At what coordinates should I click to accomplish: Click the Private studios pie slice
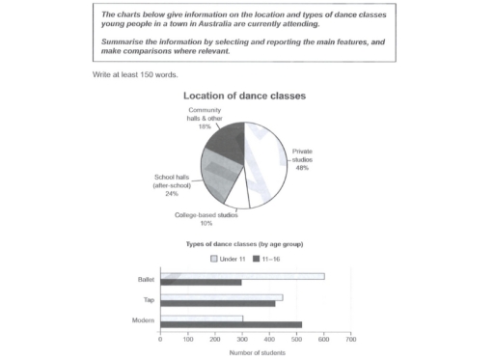tap(264, 159)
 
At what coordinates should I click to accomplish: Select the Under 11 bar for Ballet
tap(242, 276)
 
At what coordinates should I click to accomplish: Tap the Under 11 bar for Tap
tap(221, 297)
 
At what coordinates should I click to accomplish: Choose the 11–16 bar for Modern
tap(231, 324)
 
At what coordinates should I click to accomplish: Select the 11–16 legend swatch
tap(256, 259)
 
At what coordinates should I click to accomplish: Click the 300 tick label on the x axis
tap(242, 340)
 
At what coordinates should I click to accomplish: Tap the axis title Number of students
tap(256, 352)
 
